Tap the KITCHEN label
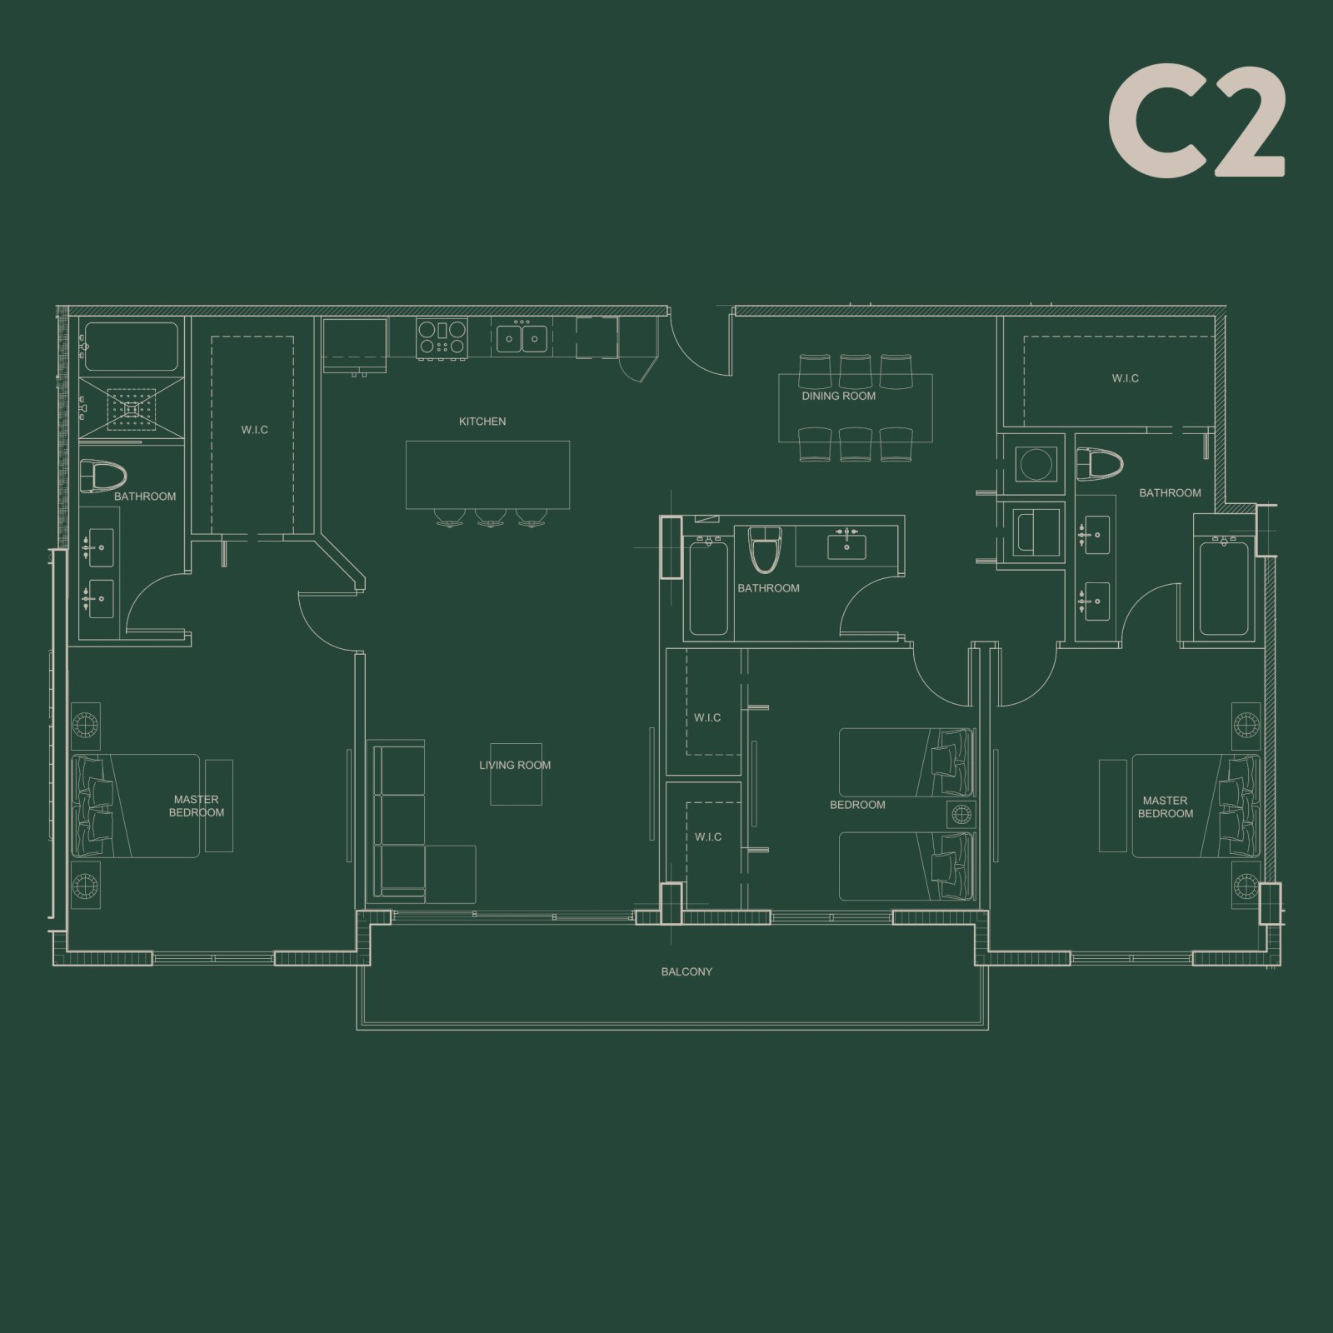(482, 422)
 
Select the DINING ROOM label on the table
(838, 397)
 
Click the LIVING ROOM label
(514, 765)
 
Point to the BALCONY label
(686, 971)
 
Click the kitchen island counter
(487, 474)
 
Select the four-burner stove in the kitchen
(442, 338)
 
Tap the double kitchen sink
(522, 338)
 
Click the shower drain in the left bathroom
(131, 409)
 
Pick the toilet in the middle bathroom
(763, 549)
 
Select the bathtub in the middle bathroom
(708, 587)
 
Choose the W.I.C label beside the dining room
(1125, 378)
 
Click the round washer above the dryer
(1036, 464)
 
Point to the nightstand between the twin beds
(961, 813)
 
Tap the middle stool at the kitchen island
(490, 518)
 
